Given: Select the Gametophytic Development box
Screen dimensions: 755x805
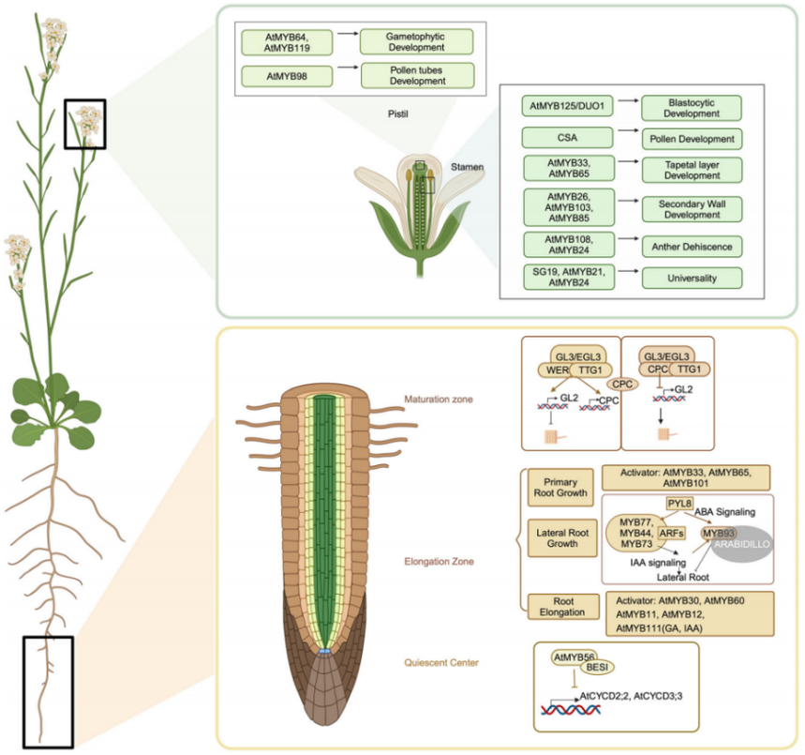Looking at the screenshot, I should tap(417, 41).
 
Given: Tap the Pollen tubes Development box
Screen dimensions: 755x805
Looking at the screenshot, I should tap(417, 75).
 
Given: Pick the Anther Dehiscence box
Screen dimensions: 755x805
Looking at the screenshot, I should tap(692, 245).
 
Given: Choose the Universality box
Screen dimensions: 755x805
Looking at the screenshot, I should tap(692, 278).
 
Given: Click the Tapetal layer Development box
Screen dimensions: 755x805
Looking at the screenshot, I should tap(692, 169).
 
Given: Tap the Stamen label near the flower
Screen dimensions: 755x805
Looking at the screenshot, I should tap(466, 166).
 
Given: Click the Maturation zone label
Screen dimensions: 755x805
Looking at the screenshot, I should tap(439, 400).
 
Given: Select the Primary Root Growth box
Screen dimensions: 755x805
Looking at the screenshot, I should tap(560, 486).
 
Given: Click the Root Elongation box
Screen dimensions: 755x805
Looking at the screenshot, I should tap(560, 607).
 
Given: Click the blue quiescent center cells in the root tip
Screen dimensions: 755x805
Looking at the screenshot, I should tap(323, 651).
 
